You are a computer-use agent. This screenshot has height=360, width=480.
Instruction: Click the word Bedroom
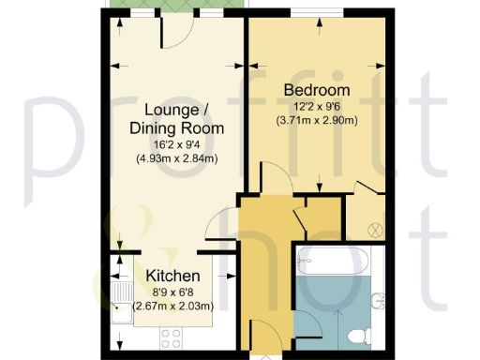pos(317,91)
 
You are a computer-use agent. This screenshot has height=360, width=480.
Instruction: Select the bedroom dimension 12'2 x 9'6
pos(317,107)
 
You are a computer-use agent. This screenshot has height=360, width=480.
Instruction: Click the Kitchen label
pos(172,277)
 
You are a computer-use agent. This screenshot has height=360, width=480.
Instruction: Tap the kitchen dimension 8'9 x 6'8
pos(172,292)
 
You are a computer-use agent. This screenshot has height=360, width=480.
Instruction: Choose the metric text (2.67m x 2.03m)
pos(172,306)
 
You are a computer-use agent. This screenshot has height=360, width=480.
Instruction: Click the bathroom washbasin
pos(379,300)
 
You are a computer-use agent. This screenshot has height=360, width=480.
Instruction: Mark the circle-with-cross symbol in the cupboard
pos(373,229)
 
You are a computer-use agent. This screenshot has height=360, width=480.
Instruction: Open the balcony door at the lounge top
pos(175,33)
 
